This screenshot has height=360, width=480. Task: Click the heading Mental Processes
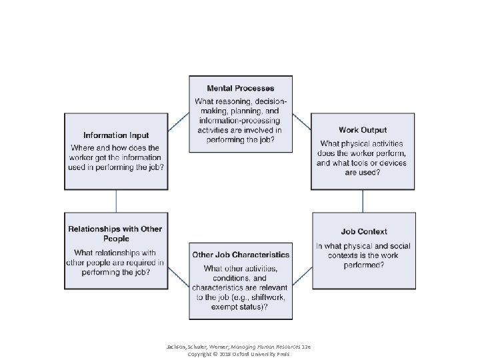click(x=240, y=88)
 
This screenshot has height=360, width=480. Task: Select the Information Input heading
click(x=116, y=135)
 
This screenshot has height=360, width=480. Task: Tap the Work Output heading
click(x=363, y=130)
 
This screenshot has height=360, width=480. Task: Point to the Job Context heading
click(x=364, y=232)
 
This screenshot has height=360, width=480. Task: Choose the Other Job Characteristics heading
click(x=241, y=255)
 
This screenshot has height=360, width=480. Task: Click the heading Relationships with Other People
click(x=115, y=233)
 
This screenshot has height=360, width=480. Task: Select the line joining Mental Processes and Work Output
click(x=301, y=121)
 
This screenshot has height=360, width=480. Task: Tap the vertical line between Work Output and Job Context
click(x=363, y=201)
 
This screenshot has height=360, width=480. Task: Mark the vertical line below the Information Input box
click(x=116, y=201)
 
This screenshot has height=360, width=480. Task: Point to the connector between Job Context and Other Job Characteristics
click(x=302, y=279)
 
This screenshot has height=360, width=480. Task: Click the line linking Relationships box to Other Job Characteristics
click(x=178, y=279)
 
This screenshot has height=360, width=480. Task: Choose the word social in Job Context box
click(x=396, y=246)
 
